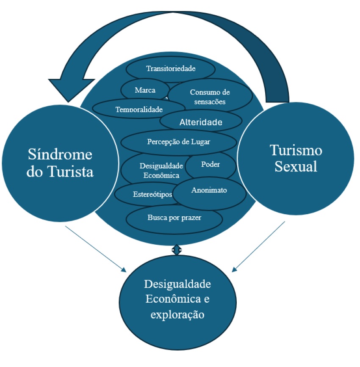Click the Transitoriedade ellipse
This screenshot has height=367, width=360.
click(171, 68)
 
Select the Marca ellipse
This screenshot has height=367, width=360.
click(145, 90)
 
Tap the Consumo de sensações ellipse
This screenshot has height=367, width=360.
click(210, 97)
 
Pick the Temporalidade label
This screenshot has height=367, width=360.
click(139, 109)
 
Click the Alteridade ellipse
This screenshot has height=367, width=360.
click(201, 122)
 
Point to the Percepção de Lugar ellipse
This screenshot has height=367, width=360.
click(178, 141)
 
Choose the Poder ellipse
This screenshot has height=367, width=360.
click(210, 165)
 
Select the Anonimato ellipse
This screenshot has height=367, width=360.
click(209, 190)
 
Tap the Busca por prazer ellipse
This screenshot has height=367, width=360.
click(174, 218)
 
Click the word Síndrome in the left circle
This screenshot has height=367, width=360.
click(60, 155)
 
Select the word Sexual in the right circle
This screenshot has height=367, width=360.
click(296, 166)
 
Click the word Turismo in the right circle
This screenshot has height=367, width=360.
click(296, 150)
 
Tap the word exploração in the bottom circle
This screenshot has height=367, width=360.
click(178, 315)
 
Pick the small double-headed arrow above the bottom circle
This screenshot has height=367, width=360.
click(177, 250)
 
